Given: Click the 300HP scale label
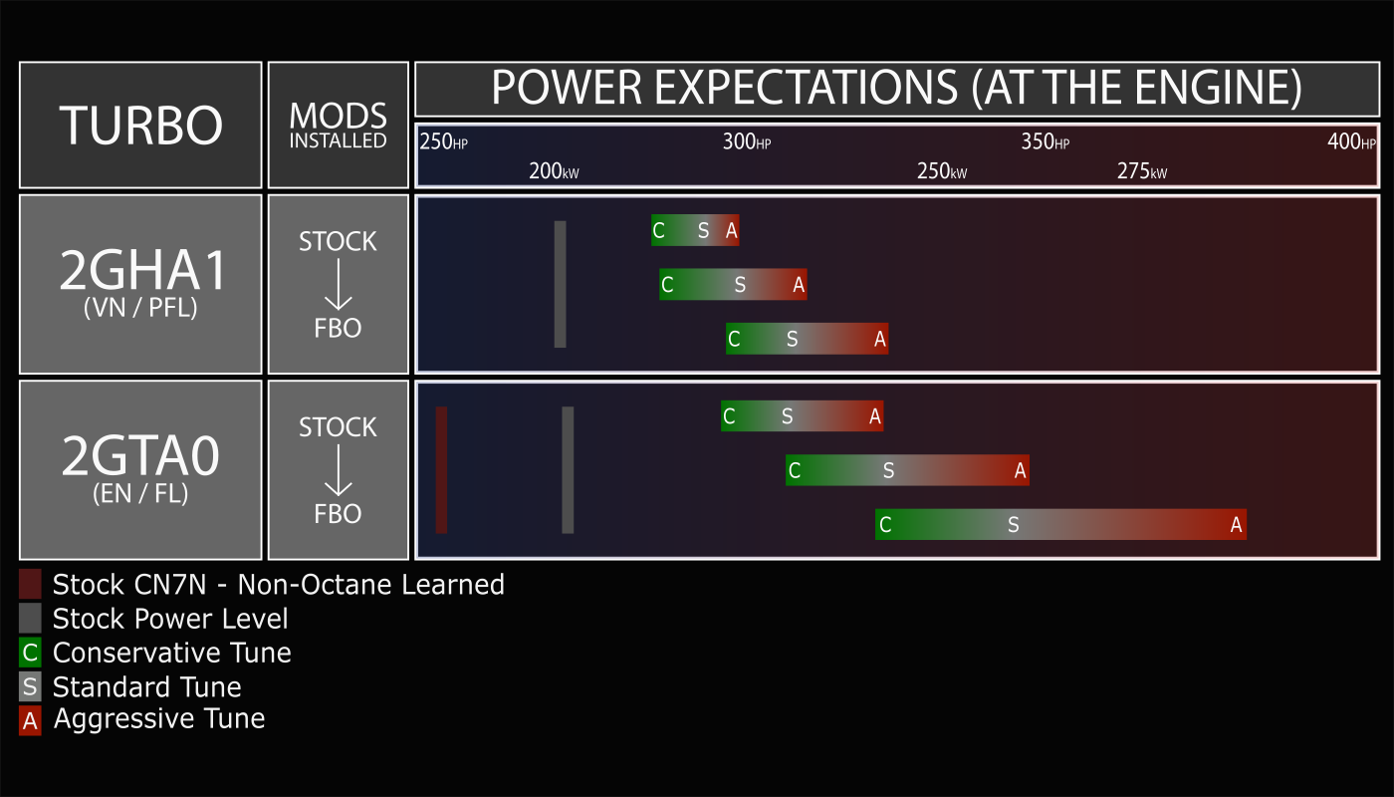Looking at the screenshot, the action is click(746, 141).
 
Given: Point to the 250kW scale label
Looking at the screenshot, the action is click(942, 170).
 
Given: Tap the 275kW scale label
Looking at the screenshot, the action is click(1142, 170).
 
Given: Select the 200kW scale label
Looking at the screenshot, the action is click(554, 170).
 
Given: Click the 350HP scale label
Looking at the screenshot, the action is click(1045, 141).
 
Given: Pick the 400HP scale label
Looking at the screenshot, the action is click(1351, 141).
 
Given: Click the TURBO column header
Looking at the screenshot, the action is click(140, 126).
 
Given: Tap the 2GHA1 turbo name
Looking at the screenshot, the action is click(142, 270).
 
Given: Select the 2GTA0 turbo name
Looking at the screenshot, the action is click(140, 456).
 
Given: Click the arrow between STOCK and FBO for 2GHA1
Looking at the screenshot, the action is click(338, 284).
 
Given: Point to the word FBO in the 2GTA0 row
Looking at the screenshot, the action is click(338, 514).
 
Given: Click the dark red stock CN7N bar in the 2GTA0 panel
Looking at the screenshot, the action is click(441, 470).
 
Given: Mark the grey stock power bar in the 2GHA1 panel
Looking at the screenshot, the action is click(560, 284).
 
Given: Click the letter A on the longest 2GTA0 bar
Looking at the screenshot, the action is click(1236, 524).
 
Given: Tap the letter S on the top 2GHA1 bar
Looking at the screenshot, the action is click(703, 230).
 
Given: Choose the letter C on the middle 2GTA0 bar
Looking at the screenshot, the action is click(795, 470).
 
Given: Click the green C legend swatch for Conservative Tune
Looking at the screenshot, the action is click(30, 653).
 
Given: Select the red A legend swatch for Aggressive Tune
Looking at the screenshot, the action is click(30, 721).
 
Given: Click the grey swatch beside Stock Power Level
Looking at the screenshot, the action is click(30, 619).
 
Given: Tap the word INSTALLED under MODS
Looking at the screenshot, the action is click(338, 140).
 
